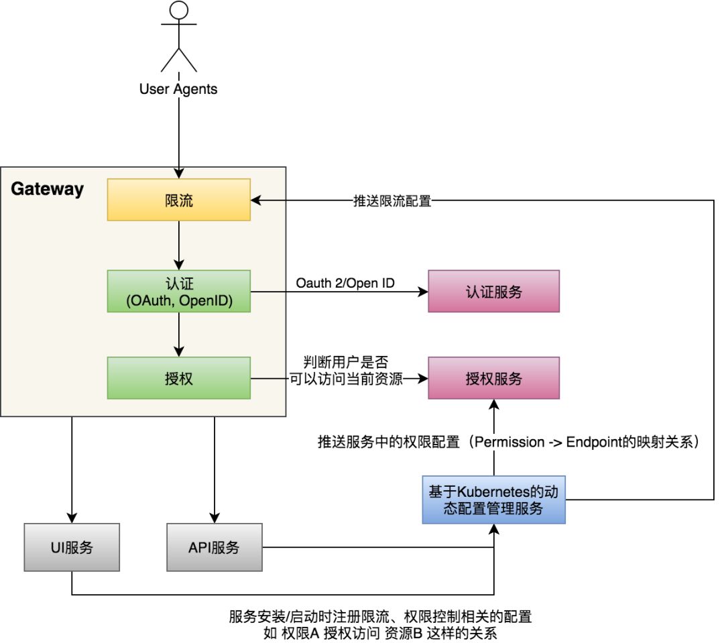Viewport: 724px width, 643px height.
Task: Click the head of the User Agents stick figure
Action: point(179,9)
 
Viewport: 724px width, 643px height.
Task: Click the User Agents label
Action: point(178,89)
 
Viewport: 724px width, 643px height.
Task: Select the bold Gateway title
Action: point(47,189)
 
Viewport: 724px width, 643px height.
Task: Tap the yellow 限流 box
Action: point(179,200)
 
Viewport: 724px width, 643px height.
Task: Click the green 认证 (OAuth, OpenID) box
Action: point(179,291)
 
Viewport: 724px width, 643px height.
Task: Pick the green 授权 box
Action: point(179,378)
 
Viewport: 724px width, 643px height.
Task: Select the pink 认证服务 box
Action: point(493,291)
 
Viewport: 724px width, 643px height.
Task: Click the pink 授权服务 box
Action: point(493,378)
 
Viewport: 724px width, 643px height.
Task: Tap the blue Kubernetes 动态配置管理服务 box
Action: point(493,500)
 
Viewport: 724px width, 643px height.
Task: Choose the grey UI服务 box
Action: point(72,547)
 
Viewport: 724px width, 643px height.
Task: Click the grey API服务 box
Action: point(215,547)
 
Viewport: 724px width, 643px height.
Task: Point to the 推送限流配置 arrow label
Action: point(392,201)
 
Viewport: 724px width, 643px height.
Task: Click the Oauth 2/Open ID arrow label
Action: point(345,283)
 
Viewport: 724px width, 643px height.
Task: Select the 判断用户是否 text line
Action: point(346,361)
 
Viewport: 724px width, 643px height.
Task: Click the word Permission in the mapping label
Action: point(509,442)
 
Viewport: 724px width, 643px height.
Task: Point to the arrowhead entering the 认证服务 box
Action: point(422,292)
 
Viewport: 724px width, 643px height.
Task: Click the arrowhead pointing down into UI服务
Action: point(72,518)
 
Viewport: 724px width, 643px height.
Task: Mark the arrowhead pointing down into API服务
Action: point(215,518)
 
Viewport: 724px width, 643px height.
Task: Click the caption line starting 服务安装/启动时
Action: point(380,616)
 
